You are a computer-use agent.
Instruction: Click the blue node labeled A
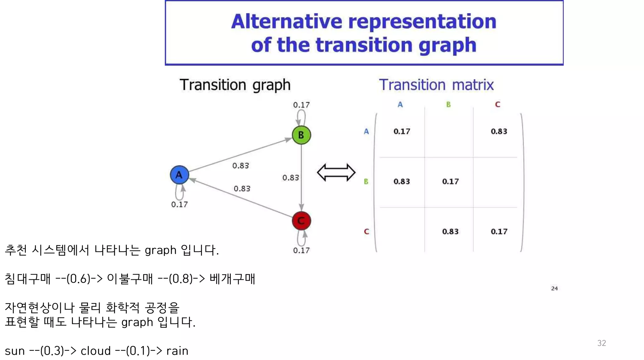click(179, 175)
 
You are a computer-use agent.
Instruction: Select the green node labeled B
click(301, 135)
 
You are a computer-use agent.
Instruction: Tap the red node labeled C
click(301, 221)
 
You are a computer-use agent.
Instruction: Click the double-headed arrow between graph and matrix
click(336, 172)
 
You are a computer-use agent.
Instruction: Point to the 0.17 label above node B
click(301, 105)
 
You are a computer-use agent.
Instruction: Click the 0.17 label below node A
click(179, 205)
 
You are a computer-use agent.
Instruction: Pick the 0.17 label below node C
click(301, 251)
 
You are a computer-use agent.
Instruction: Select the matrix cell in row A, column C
click(499, 131)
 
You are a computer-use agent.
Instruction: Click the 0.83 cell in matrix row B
click(402, 181)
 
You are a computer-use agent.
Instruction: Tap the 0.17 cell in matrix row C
click(499, 232)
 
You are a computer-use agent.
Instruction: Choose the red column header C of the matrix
click(497, 104)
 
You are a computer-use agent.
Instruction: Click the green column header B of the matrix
click(448, 104)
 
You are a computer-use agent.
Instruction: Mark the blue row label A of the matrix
click(366, 131)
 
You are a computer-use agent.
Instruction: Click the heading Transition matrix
click(436, 85)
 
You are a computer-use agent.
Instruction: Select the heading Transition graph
click(235, 85)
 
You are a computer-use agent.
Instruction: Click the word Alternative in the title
click(286, 21)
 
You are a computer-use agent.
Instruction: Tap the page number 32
click(601, 343)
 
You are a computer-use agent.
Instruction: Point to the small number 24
click(554, 288)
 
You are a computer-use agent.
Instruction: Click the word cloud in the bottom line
click(96, 351)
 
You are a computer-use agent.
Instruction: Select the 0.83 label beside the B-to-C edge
click(290, 178)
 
